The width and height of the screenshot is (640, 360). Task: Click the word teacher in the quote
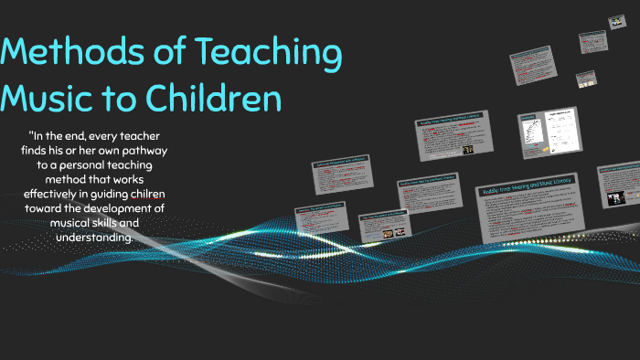click(x=159, y=136)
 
